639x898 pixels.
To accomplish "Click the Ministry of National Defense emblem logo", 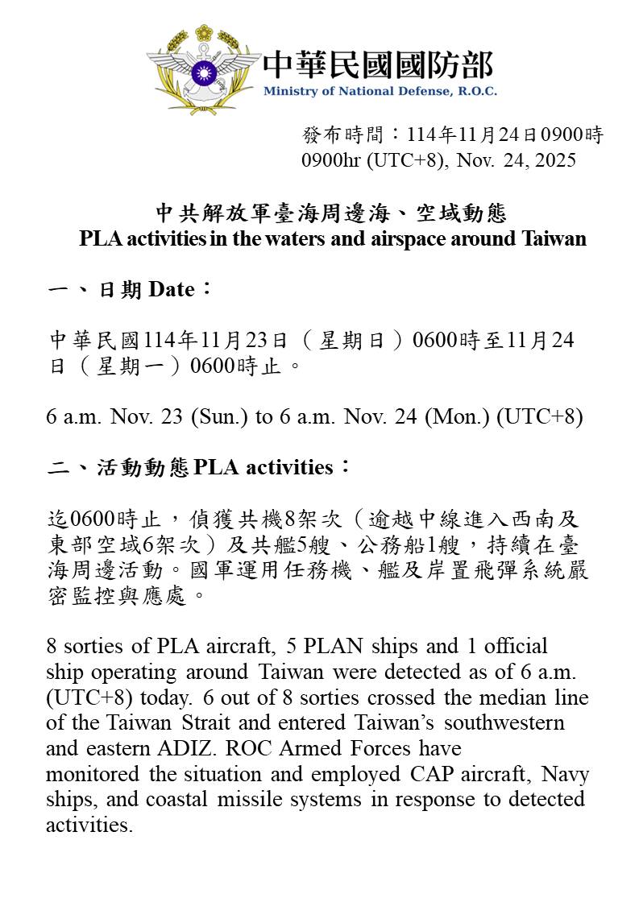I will [x=203, y=68].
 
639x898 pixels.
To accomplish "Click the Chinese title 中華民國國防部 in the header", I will [x=378, y=64].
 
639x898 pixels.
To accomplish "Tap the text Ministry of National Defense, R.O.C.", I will [x=380, y=91].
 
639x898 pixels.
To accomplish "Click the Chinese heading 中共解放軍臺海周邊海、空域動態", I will [x=331, y=213].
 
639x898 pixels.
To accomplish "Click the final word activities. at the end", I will [x=89, y=826].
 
